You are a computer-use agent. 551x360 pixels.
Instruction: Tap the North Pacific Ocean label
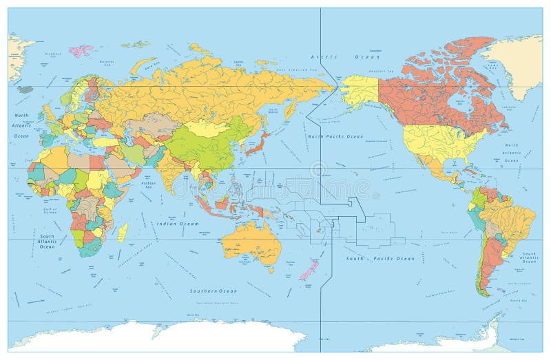click(x=335, y=136)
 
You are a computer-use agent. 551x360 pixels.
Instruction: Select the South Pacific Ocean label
click(x=380, y=258)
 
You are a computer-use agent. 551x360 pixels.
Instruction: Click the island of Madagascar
click(x=122, y=232)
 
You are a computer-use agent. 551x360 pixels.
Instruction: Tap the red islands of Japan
click(x=259, y=144)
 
